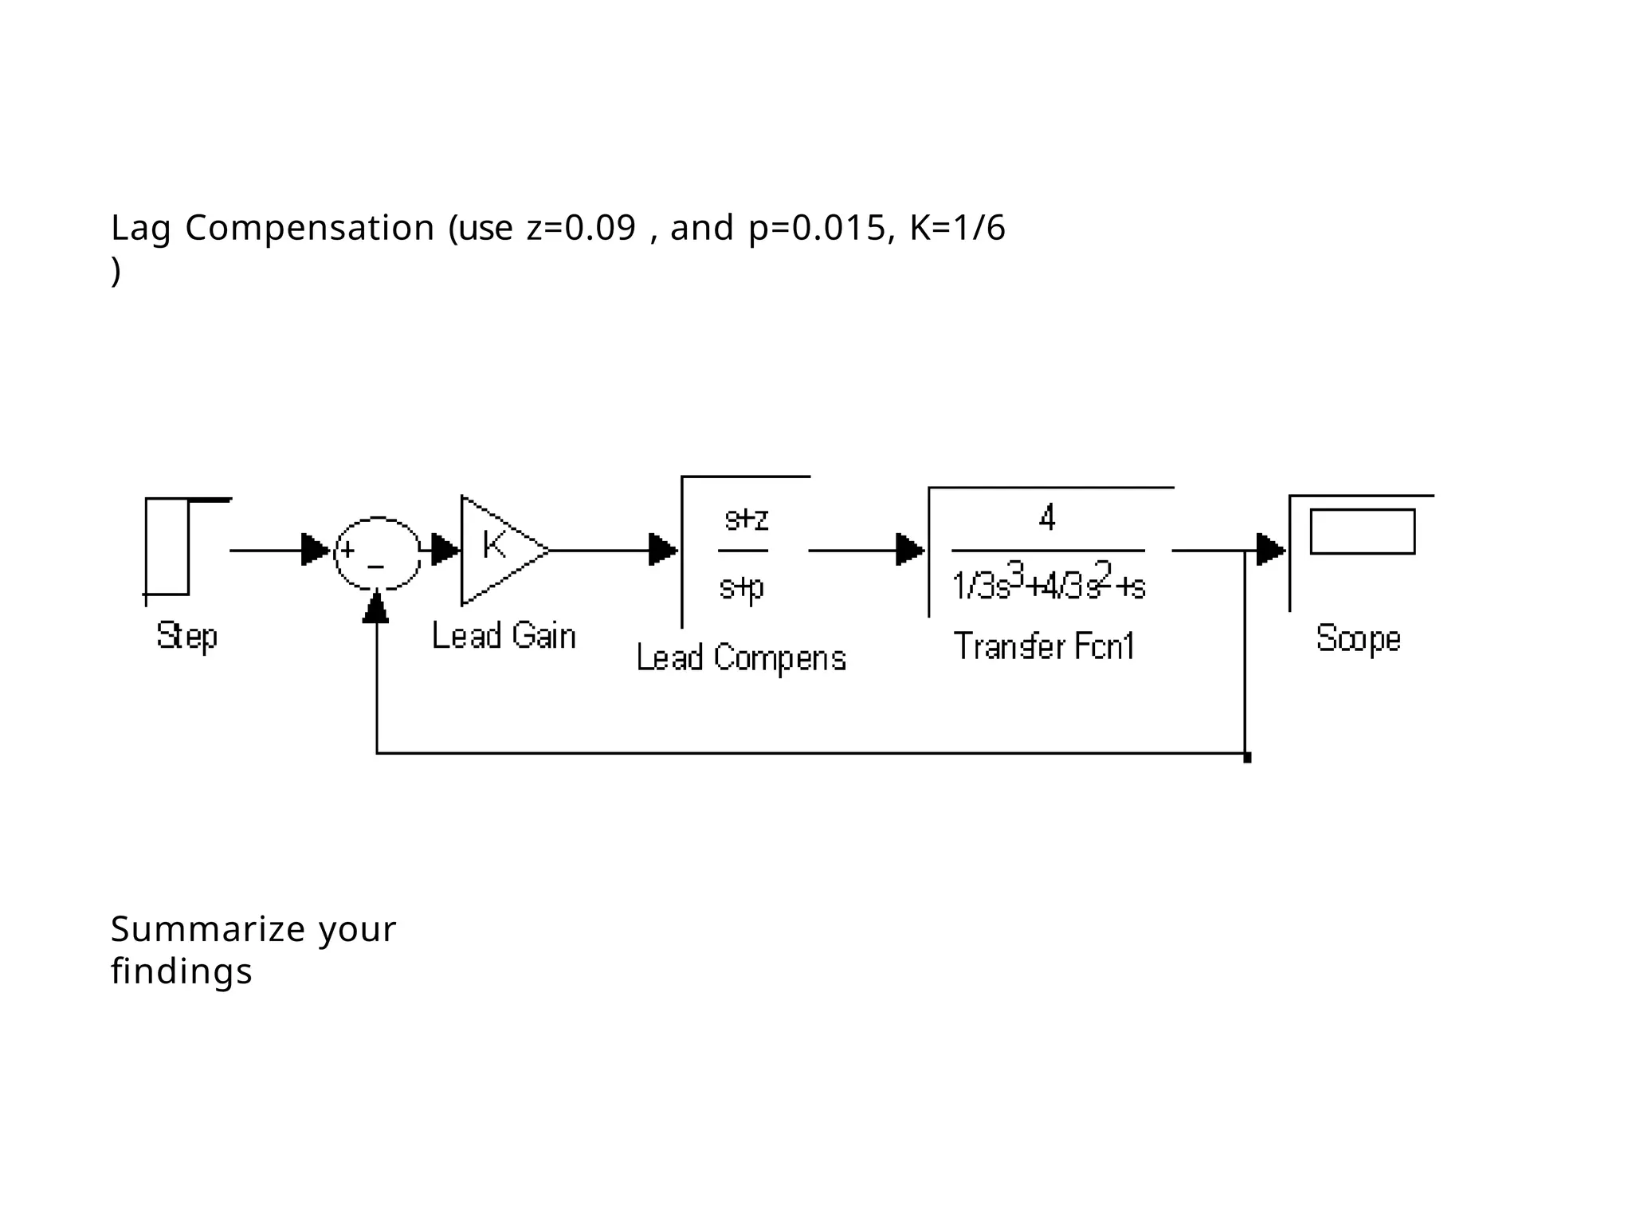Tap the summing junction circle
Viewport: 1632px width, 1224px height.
click(377, 553)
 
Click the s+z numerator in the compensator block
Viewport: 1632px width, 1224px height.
click(746, 520)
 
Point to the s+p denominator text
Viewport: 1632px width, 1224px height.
click(742, 587)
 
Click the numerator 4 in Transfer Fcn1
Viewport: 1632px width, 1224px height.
click(1047, 518)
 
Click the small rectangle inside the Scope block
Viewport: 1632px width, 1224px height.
click(1362, 532)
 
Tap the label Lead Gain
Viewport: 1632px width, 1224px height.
click(504, 636)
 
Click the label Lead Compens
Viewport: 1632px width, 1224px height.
click(741, 658)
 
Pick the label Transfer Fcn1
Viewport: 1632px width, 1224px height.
click(1044, 645)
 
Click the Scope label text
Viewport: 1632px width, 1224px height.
click(1358, 639)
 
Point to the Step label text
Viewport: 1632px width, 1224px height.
click(186, 636)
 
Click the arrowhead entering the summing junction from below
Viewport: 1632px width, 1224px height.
click(375, 608)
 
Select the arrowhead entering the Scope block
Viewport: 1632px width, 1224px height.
click(1270, 550)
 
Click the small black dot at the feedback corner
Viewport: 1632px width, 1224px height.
click(1247, 758)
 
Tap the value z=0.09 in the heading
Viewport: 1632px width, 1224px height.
click(581, 229)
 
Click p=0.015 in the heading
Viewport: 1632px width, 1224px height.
click(817, 229)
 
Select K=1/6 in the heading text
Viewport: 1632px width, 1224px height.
click(957, 229)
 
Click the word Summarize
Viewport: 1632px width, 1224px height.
click(208, 929)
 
